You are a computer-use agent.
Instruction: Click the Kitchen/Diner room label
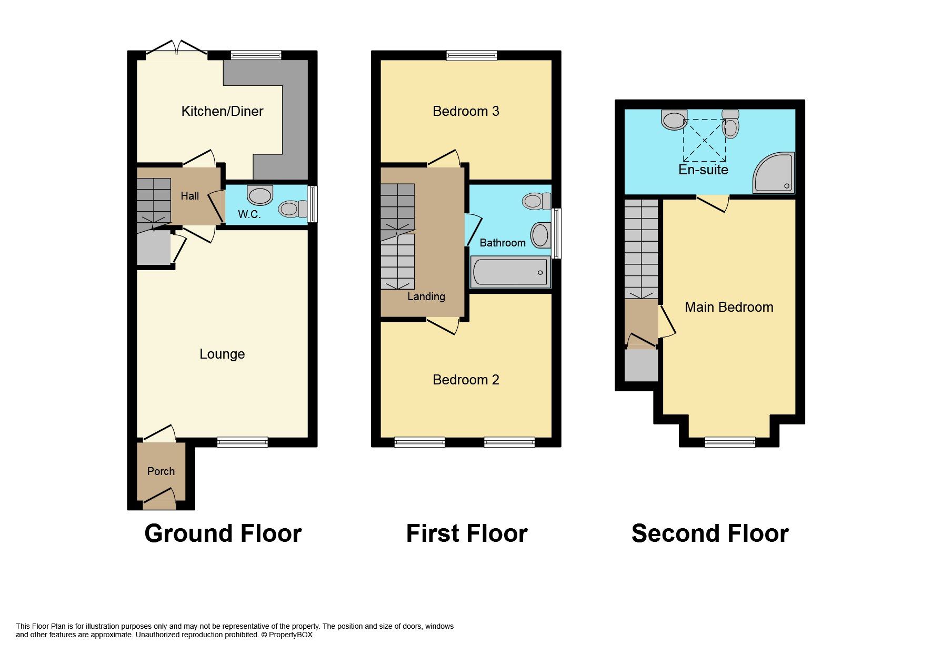pyautogui.click(x=222, y=111)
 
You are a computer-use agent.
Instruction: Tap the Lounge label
pyautogui.click(x=222, y=354)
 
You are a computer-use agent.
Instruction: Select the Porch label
pyautogui.click(x=161, y=471)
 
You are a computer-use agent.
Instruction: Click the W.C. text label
pyautogui.click(x=249, y=214)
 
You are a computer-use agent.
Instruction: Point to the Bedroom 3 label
pyautogui.click(x=466, y=111)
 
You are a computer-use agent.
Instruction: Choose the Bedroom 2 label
pyautogui.click(x=466, y=380)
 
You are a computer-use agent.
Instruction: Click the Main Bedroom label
pyautogui.click(x=729, y=307)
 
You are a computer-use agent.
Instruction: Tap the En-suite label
pyautogui.click(x=703, y=170)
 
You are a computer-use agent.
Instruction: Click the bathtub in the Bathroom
pyautogui.click(x=510, y=272)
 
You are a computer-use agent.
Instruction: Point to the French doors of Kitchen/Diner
pyautogui.click(x=176, y=48)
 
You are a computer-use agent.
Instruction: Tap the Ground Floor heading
pyautogui.click(x=223, y=533)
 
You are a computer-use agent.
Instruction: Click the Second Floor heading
pyautogui.click(x=709, y=533)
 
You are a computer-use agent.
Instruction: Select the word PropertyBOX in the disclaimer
pyautogui.click(x=290, y=635)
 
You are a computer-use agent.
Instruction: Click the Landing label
pyautogui.click(x=426, y=296)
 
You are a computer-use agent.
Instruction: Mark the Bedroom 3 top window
pyautogui.click(x=472, y=55)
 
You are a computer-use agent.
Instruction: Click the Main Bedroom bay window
pyautogui.click(x=730, y=442)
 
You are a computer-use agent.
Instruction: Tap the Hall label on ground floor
pyautogui.click(x=189, y=196)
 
